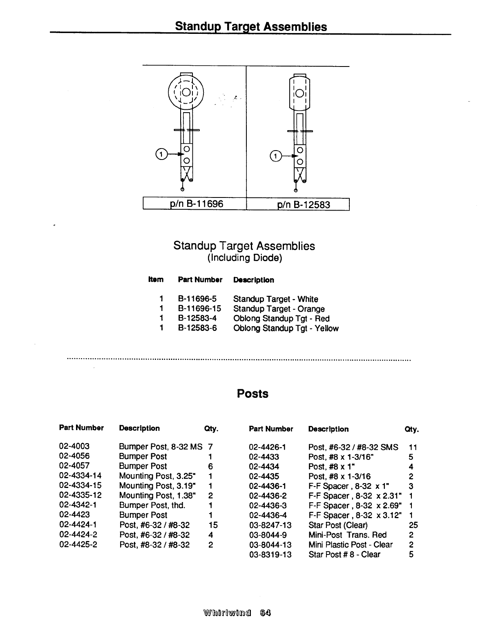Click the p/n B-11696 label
coord(197,203)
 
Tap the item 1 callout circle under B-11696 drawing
coord(161,154)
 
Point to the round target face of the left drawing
coord(186,92)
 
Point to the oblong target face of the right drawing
coord(299,93)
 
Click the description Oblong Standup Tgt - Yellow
coord(286,328)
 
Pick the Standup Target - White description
coord(275,299)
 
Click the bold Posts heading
coord(253,394)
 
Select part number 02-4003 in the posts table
coord(74,446)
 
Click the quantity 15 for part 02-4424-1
coord(213,525)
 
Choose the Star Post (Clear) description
coord(338,525)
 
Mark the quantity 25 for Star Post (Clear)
coord(413,525)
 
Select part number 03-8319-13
coord(270,554)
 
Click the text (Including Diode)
coord(244,258)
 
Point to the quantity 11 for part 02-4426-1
coord(412,447)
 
